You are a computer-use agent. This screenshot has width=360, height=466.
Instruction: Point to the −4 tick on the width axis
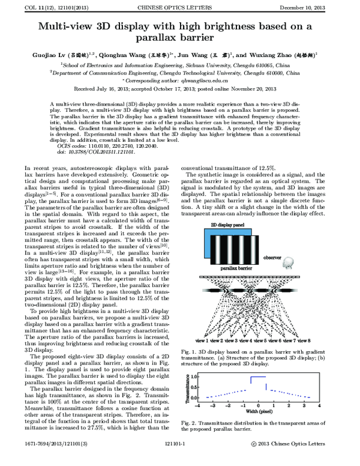tap(201, 406)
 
